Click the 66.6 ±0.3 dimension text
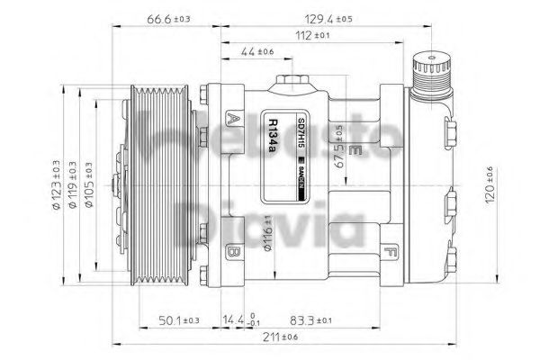coord(166,17)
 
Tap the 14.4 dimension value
coord(237,319)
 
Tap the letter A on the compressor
coord(233,120)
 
